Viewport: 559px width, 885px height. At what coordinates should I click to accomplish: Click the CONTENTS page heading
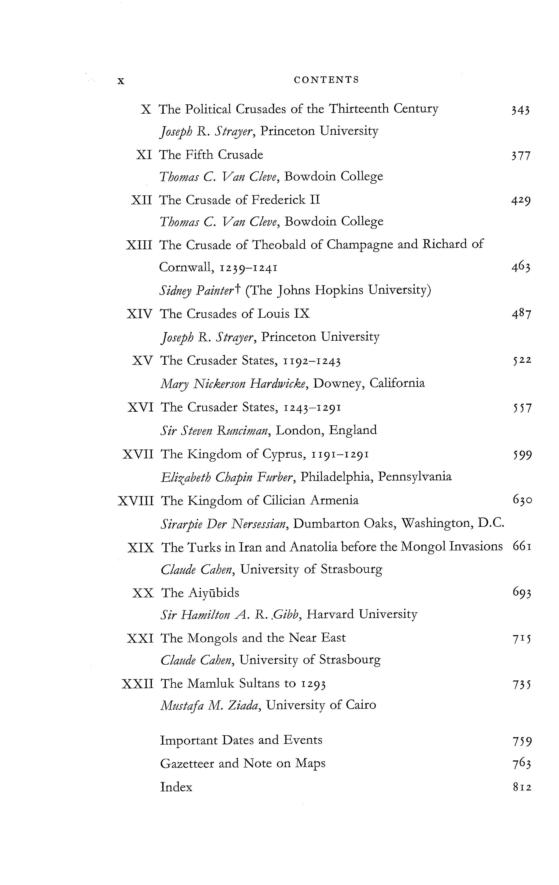326,80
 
